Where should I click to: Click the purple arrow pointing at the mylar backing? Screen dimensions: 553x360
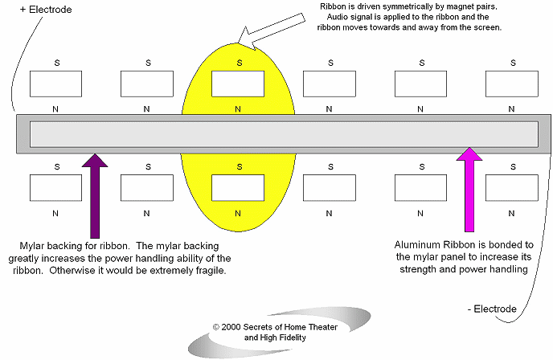click(95, 196)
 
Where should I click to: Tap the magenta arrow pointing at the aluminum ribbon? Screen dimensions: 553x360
click(469, 190)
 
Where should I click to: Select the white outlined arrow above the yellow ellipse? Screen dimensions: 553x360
click(271, 31)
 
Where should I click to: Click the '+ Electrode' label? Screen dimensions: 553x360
click(46, 10)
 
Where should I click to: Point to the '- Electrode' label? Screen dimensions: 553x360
click(492, 309)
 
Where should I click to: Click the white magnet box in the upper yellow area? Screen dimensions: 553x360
click(238, 84)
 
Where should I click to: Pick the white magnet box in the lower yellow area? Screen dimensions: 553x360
click(238, 188)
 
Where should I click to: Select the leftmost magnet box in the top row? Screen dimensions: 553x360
click(55, 84)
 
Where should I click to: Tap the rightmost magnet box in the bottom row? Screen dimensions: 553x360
click(512, 188)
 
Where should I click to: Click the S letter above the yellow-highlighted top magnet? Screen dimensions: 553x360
click(240, 63)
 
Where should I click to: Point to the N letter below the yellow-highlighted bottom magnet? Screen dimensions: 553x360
click(238, 213)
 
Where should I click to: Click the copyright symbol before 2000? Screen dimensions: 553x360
click(216, 327)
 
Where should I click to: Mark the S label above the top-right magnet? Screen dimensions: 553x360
click(513, 63)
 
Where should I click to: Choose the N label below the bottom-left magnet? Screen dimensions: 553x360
click(55, 213)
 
